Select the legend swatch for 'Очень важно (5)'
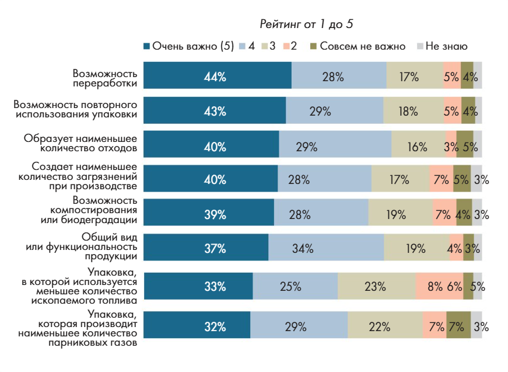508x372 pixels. [x=147, y=46]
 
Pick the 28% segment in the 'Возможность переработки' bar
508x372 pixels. [x=339, y=77]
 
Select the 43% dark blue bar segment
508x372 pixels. [x=214, y=112]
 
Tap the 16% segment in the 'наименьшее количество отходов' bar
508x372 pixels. [x=417, y=146]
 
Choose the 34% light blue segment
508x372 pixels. [x=326, y=249]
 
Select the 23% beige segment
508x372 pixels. [x=376, y=286]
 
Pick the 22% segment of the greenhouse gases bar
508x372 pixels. [x=385, y=326]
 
